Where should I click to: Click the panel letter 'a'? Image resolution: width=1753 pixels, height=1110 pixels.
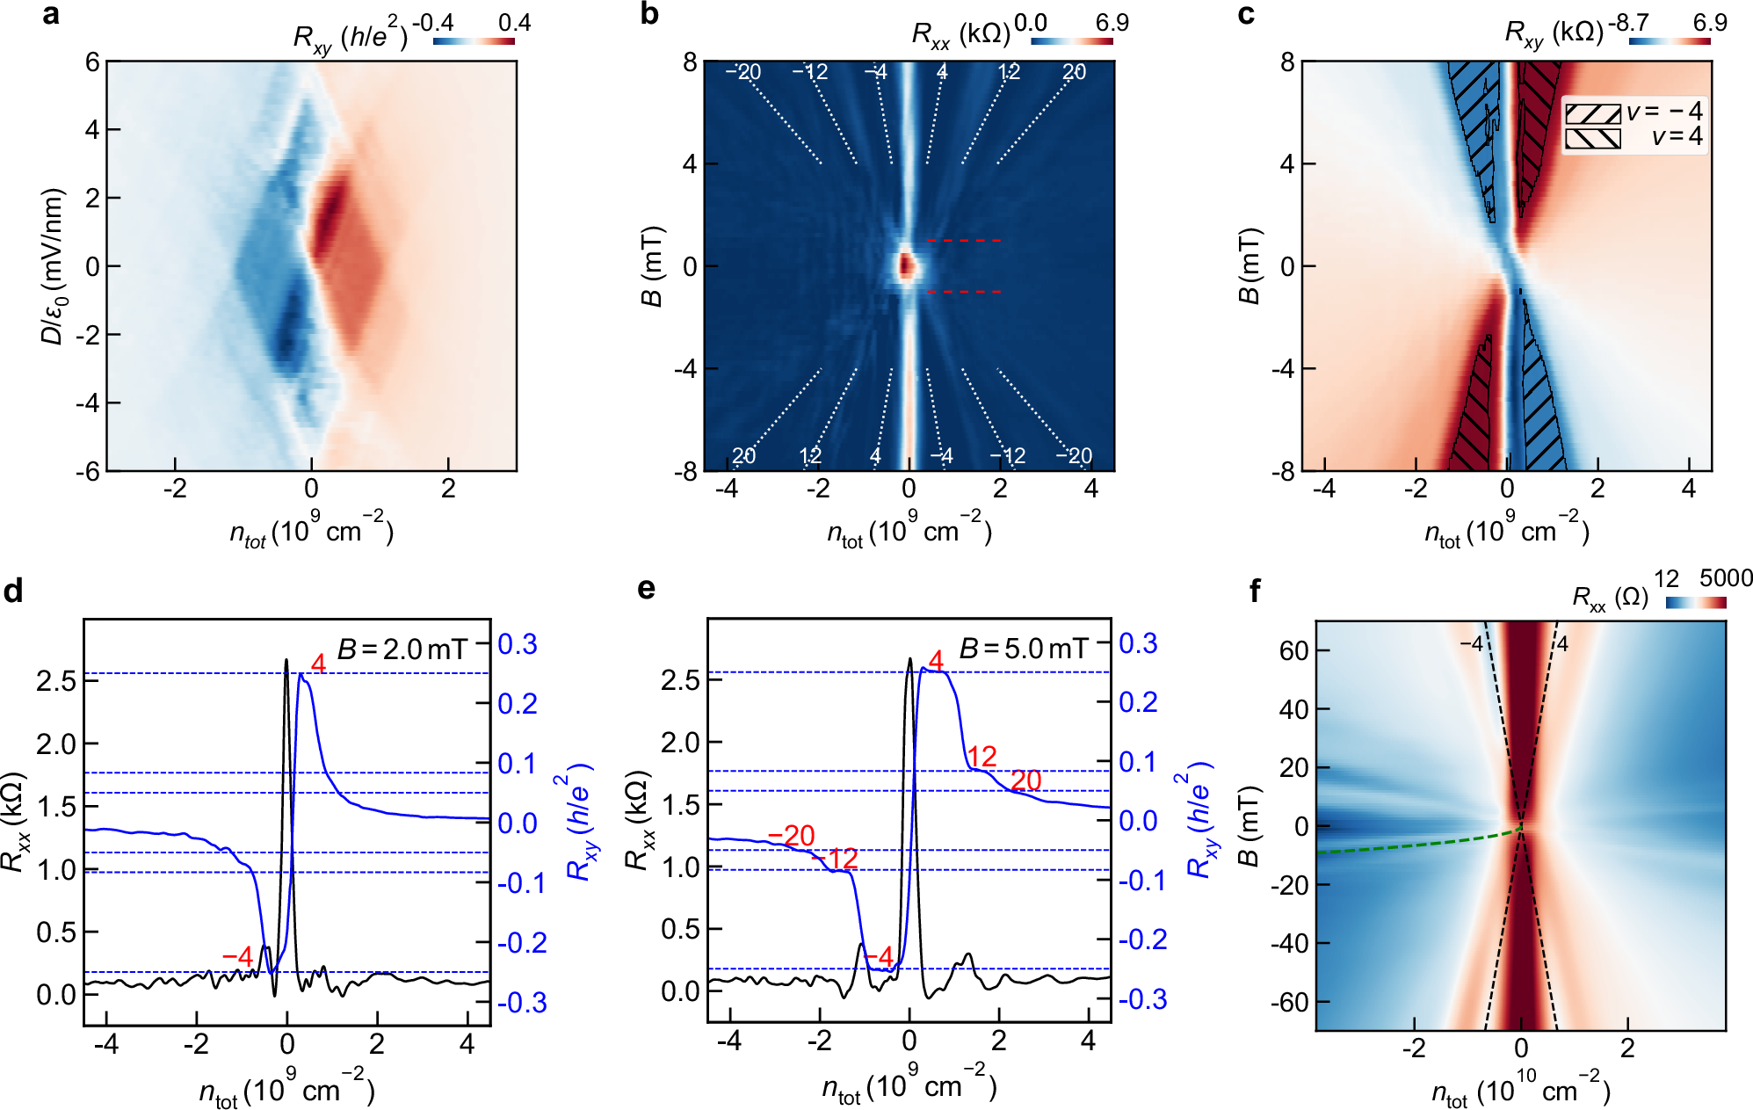pyautogui.click(x=51, y=15)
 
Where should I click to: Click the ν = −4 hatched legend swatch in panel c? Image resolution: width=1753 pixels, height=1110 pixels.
pyautogui.click(x=1592, y=112)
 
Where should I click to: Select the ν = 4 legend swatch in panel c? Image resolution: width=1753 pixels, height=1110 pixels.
pyautogui.click(x=1592, y=138)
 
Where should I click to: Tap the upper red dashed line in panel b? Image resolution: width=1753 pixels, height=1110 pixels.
pyautogui.click(x=964, y=240)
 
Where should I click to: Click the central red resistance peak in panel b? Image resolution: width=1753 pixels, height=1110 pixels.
pyautogui.click(x=907, y=265)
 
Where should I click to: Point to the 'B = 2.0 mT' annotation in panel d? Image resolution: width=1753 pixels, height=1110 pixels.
pyautogui.click(x=402, y=649)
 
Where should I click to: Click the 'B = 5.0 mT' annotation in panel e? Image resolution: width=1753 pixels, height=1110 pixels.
pyautogui.click(x=1024, y=649)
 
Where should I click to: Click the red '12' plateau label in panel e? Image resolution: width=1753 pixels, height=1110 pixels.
pyautogui.click(x=982, y=756)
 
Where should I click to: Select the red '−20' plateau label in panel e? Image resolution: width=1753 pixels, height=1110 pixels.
pyautogui.click(x=791, y=835)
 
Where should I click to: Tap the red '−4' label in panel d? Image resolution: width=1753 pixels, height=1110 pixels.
pyautogui.click(x=237, y=956)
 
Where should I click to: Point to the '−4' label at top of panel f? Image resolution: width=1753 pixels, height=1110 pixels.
pyautogui.click(x=1471, y=644)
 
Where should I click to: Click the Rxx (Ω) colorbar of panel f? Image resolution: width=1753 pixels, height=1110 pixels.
pyautogui.click(x=1696, y=602)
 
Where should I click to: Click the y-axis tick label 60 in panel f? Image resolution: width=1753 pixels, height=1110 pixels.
pyautogui.click(x=1294, y=650)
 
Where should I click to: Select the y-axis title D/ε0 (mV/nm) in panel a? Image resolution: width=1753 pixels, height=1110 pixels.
pyautogui.click(x=53, y=265)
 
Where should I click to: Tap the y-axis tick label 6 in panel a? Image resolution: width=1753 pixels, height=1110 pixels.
pyautogui.click(x=92, y=62)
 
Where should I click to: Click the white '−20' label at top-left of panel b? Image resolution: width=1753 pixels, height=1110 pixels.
pyautogui.click(x=743, y=72)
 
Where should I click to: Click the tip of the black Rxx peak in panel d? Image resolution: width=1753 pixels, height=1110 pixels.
pyautogui.click(x=286, y=660)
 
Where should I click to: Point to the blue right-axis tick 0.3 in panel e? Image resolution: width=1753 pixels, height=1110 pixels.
pyautogui.click(x=1138, y=643)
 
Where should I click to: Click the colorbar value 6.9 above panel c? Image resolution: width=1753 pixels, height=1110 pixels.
pyautogui.click(x=1710, y=23)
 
